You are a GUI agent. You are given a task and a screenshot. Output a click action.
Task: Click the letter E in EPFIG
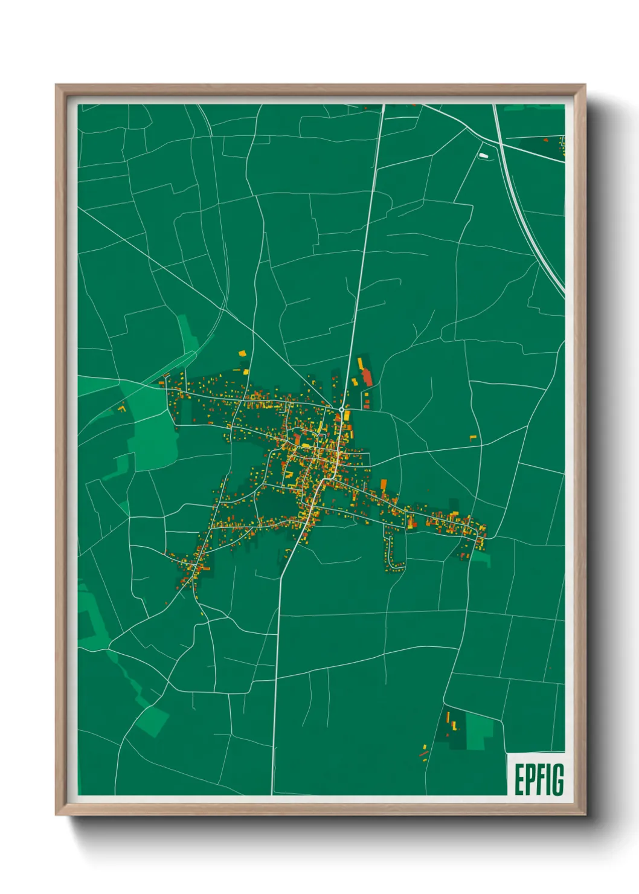coord(519,780)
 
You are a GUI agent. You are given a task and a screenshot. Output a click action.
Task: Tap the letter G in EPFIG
coord(557,780)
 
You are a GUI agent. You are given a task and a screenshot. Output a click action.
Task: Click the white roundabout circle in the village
coord(341,410)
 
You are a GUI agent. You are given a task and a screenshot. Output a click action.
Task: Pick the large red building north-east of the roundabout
coord(367,378)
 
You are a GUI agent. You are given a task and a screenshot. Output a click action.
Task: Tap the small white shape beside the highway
coord(483,155)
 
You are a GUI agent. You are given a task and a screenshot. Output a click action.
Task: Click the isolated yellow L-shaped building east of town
coord(473,437)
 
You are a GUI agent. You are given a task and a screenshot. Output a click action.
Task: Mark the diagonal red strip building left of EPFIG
coord(423,753)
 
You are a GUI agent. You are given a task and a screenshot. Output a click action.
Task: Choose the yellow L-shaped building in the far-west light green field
coord(121,409)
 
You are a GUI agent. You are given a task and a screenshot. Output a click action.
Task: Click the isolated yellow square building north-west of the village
coord(242,353)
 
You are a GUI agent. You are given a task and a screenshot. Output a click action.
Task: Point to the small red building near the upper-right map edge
coord(545,140)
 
